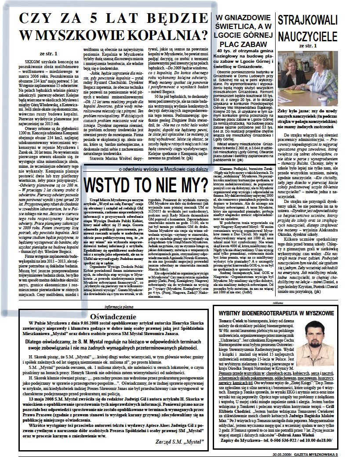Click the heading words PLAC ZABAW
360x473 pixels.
[x=244, y=44]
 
